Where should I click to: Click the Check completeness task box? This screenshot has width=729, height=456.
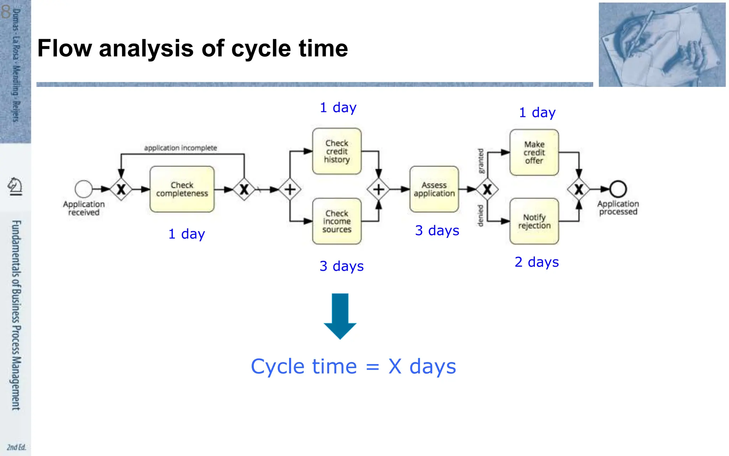coord(182,189)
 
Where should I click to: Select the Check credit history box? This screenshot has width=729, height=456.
coord(337,151)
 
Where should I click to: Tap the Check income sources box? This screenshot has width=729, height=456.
coord(337,221)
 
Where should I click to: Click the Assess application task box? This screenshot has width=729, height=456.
coord(434,189)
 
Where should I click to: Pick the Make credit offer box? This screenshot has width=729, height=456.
coord(534,152)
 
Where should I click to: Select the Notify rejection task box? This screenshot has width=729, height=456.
coord(534,221)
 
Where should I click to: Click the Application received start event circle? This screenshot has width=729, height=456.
coord(84,189)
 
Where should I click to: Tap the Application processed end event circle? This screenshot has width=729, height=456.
coord(618,189)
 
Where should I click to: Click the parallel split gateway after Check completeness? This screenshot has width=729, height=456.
coord(290,189)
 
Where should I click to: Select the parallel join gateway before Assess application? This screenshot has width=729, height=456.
coord(378,189)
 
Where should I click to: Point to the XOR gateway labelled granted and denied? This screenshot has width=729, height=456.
coord(487,189)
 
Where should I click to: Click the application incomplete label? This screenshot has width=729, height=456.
coord(180,148)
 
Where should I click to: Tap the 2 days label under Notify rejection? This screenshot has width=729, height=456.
coord(536,262)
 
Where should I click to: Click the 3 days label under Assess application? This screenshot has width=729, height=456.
coord(437,231)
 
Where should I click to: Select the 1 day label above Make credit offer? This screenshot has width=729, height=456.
coord(537,113)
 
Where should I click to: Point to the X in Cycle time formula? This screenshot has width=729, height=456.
coord(395,367)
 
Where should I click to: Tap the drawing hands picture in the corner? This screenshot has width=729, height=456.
coord(662,45)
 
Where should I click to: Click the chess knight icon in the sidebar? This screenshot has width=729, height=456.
coord(15,186)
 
